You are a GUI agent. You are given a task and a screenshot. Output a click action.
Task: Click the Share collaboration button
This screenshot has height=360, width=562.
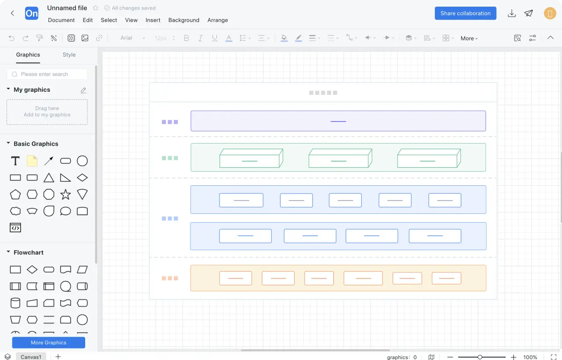(x=465, y=13)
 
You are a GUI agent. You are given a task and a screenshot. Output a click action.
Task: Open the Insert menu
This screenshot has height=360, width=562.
(x=153, y=20)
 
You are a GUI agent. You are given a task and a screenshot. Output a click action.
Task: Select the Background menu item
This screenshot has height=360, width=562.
(x=184, y=20)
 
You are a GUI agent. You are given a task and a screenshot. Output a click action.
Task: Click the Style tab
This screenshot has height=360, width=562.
(x=69, y=55)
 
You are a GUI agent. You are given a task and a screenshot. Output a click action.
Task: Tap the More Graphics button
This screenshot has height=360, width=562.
(x=48, y=342)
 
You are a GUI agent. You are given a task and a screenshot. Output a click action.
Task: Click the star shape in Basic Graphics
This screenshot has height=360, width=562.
(x=65, y=194)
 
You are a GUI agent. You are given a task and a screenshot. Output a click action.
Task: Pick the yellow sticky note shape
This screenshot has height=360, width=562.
(x=32, y=161)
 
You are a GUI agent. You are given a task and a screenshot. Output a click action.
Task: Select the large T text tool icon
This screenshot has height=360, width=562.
(x=15, y=161)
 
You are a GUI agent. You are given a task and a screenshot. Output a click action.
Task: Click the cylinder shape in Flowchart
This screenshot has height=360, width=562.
(x=15, y=303)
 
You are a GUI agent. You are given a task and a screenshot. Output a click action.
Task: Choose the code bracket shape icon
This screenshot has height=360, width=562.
(x=15, y=228)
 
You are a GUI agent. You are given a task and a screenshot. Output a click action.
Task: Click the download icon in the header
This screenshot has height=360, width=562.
(x=512, y=13)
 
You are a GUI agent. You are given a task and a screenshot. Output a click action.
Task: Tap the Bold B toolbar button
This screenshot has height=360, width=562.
(x=187, y=38)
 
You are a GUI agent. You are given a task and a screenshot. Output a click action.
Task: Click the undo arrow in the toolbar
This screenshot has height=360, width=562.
(x=11, y=38)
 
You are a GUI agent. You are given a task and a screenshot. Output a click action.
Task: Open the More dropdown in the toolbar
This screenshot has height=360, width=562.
(x=469, y=38)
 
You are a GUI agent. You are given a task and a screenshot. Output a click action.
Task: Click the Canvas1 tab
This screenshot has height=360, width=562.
(x=31, y=357)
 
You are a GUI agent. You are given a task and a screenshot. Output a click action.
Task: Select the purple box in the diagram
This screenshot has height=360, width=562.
(x=338, y=121)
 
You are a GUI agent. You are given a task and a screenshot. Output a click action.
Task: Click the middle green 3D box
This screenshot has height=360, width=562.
(x=340, y=158)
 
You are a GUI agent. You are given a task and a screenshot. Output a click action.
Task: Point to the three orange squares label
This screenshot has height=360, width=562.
(x=170, y=278)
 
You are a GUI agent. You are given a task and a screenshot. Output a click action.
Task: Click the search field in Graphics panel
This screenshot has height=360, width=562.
(x=47, y=74)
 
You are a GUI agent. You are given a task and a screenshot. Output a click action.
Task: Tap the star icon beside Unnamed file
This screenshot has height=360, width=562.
(x=95, y=8)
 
